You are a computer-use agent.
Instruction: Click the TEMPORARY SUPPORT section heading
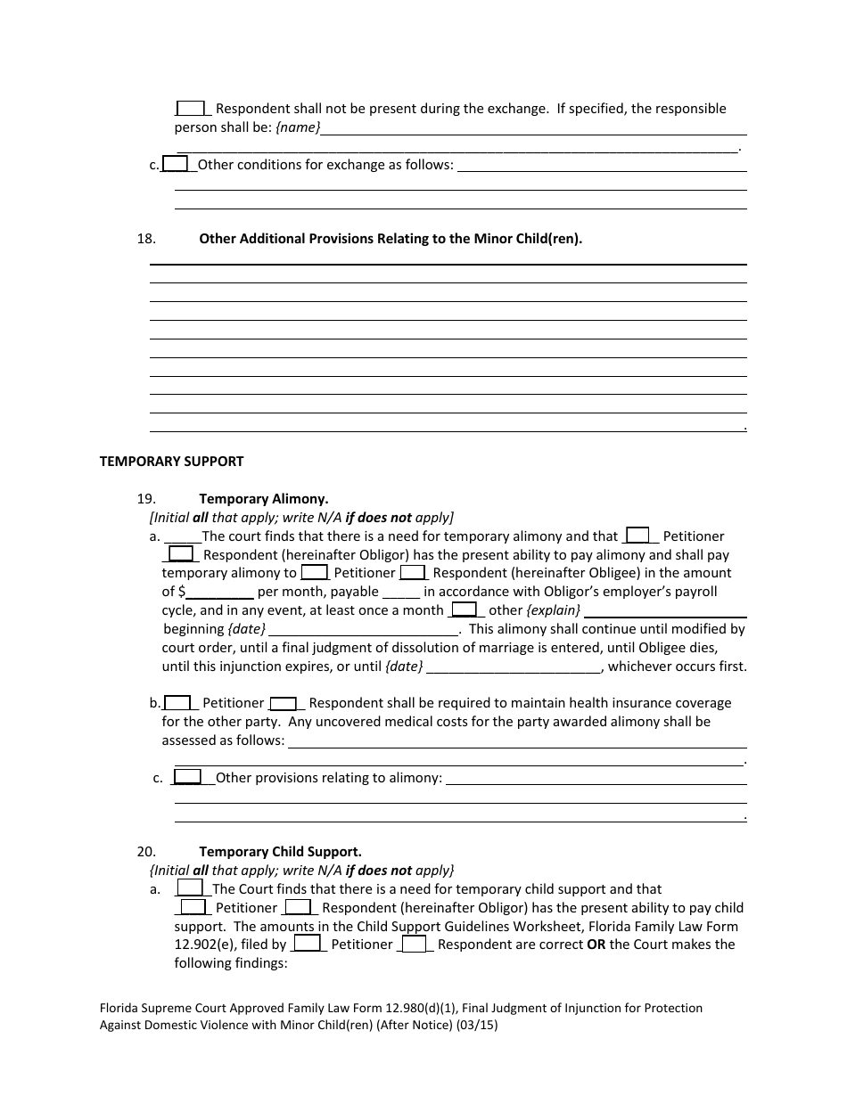[x=171, y=462]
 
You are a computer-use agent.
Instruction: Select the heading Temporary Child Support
[x=280, y=852]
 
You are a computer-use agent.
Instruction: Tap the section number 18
[x=146, y=239]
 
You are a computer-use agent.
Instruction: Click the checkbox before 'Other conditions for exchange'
[x=176, y=164]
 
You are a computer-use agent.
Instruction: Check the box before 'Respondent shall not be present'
[x=191, y=108]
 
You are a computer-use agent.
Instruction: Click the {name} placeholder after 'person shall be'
[x=298, y=127]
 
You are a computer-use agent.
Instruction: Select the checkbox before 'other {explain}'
[x=464, y=609]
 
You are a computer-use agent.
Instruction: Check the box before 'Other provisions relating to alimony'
[x=187, y=777]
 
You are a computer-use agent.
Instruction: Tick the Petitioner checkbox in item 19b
[x=178, y=702]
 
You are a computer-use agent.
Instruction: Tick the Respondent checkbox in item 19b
[x=284, y=702]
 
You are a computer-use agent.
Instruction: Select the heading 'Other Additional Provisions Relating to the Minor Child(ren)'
[x=391, y=239]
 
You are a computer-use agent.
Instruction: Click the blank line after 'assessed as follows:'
[x=517, y=741]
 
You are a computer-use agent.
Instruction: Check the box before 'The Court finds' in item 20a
[x=190, y=888]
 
